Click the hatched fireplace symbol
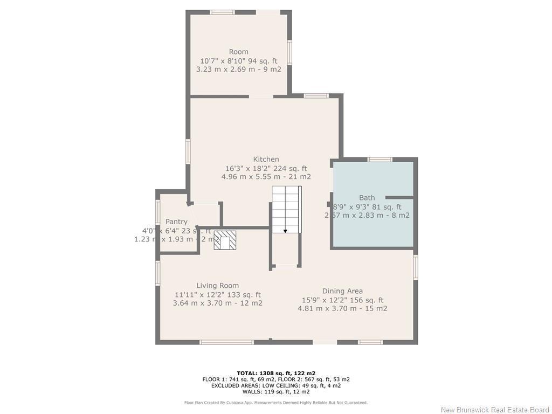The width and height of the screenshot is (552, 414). tap(225, 240)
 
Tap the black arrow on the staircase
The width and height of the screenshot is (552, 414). tap(285, 231)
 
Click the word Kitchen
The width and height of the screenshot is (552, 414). tap(266, 160)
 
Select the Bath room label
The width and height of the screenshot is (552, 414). tap(367, 198)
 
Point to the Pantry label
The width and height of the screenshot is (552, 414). tap(176, 222)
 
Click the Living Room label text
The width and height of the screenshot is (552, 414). tap(217, 286)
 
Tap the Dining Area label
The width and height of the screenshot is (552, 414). tap(342, 291)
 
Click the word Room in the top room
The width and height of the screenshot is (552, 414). tap(239, 52)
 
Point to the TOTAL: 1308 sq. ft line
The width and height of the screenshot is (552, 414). tap(276, 373)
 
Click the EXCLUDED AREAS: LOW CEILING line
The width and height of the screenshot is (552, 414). tap(276, 385)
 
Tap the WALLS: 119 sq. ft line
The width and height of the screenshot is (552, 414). tap(276, 392)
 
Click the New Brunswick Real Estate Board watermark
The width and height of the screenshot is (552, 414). tap(495, 410)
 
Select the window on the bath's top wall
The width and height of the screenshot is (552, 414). tap(379, 159)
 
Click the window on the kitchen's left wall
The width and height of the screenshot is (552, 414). tap(188, 151)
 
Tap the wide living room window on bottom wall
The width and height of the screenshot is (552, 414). tap(226, 342)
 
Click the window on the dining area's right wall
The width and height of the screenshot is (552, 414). tap(416, 267)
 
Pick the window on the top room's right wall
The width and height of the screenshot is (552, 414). tap(290, 53)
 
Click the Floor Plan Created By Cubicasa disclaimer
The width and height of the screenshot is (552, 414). tap(276, 403)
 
